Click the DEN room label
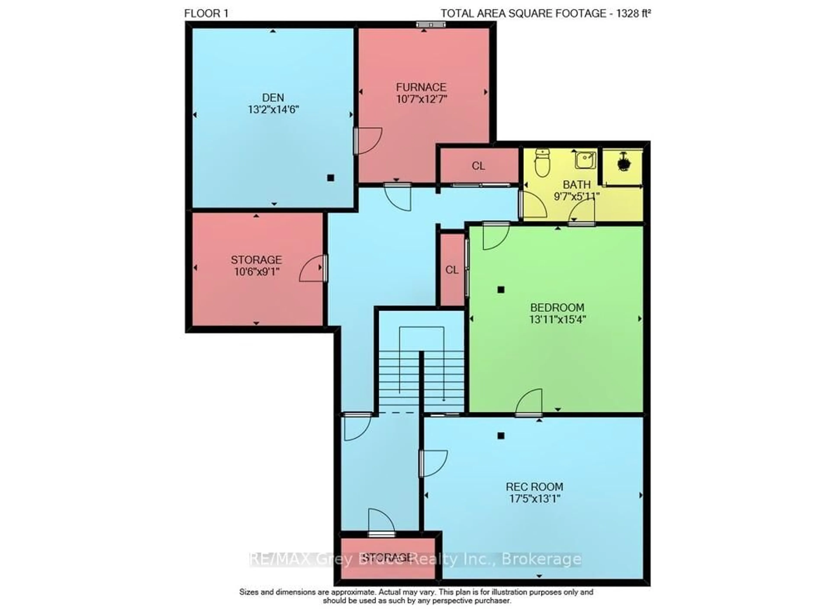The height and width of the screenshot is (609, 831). [x=273, y=98]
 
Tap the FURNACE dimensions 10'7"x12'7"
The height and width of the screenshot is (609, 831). [x=421, y=99]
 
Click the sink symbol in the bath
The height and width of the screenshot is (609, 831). [x=585, y=160]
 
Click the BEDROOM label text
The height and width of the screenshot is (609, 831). [x=557, y=307]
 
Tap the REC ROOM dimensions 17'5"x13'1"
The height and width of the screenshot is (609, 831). [x=535, y=499]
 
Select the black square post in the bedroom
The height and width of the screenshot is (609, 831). [x=501, y=290]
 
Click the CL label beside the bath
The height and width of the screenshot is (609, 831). [x=478, y=166]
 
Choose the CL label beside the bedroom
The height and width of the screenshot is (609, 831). [x=452, y=270]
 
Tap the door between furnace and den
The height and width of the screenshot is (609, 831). [x=367, y=140]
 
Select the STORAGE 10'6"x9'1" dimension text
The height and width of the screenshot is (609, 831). [x=257, y=272]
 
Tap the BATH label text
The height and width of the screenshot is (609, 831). [x=576, y=184]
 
